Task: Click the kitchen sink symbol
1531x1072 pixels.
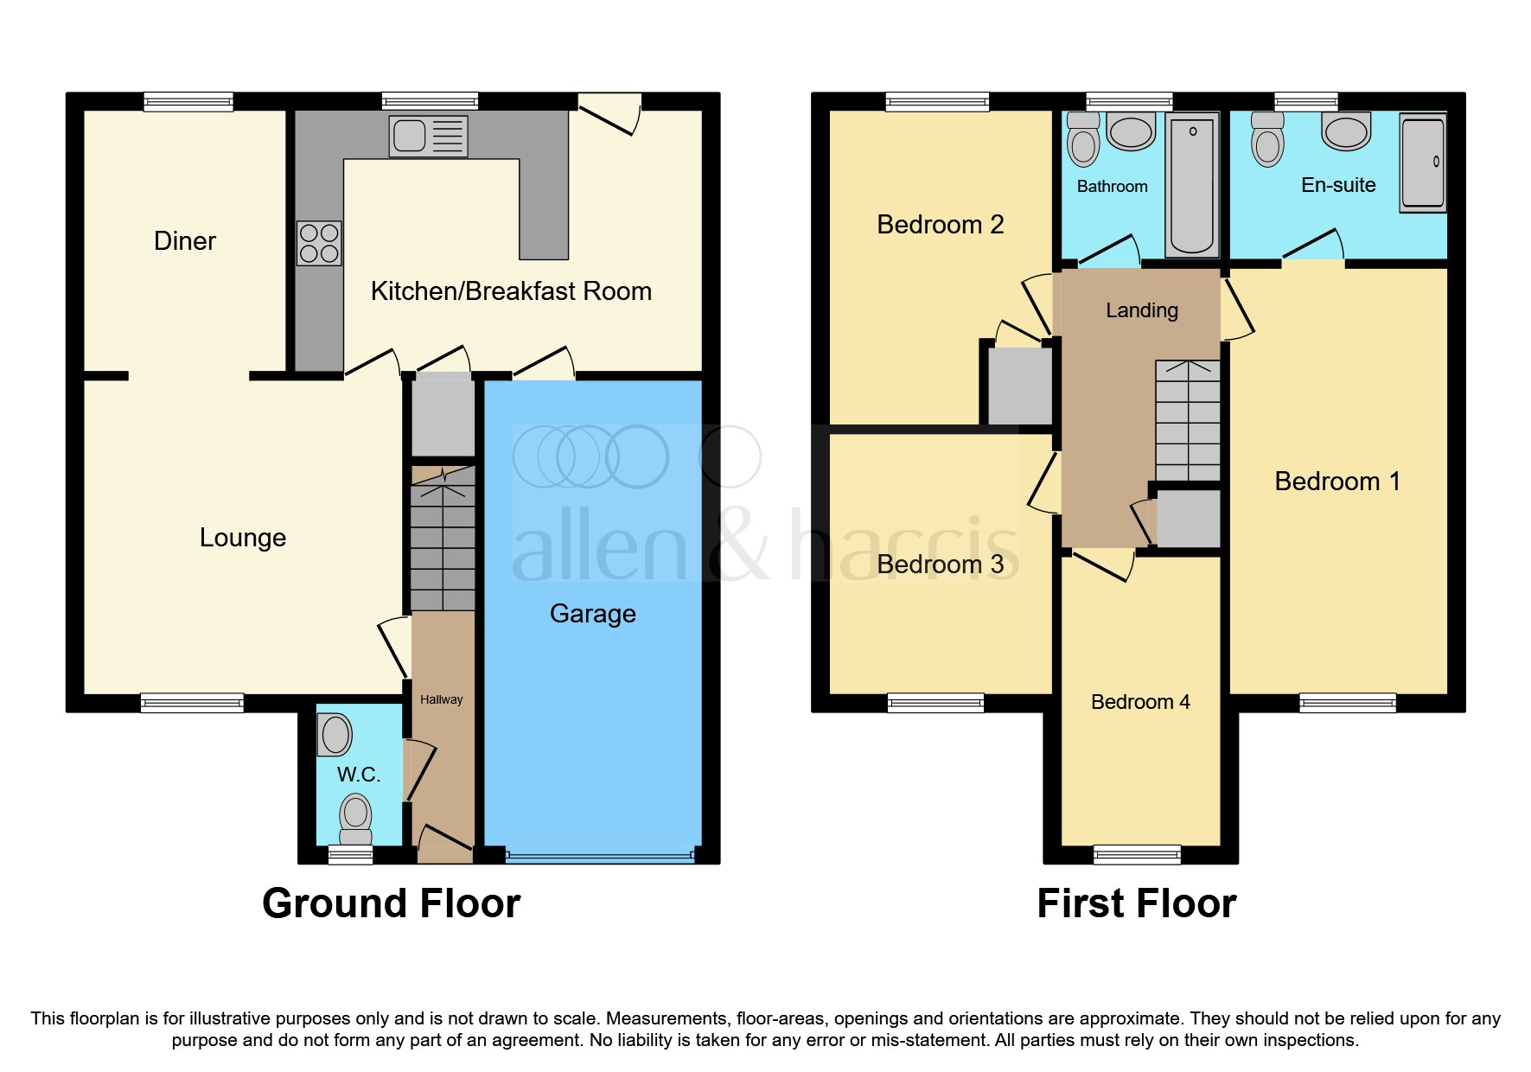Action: tap(429, 136)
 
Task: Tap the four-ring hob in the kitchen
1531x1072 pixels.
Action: tap(319, 243)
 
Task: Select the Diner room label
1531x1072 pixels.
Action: tap(184, 241)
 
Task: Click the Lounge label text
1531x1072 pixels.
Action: tap(242, 538)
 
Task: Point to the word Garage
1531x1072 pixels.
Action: tap(592, 614)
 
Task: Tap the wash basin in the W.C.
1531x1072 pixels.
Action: tap(335, 735)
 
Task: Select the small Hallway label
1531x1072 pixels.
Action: tap(441, 699)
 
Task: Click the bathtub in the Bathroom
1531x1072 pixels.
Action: tap(1192, 185)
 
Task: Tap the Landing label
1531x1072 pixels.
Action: tap(1141, 310)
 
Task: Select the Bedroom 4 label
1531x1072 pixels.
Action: tap(1139, 702)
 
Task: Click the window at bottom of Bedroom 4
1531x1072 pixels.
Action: tap(1137, 854)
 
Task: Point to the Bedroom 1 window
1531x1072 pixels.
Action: tap(1347, 703)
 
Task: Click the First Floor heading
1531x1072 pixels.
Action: tap(1136, 903)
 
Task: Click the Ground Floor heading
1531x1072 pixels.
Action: tap(391, 903)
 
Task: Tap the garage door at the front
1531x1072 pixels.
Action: tap(599, 856)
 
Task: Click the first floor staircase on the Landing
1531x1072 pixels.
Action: tap(1188, 421)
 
